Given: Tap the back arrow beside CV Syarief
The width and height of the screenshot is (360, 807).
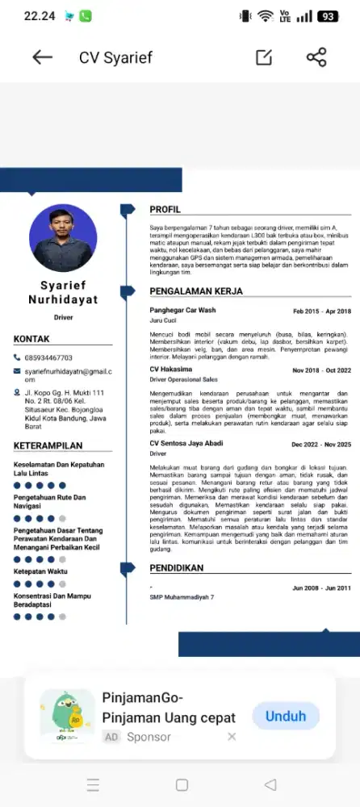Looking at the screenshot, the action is (42, 57).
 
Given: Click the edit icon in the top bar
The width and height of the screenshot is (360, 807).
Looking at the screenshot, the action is (263, 57).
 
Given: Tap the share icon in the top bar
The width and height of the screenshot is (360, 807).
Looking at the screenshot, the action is (316, 57).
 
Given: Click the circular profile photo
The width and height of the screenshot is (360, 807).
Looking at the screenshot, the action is (61, 237).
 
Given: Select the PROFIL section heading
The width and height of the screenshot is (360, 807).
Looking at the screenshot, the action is (165, 210).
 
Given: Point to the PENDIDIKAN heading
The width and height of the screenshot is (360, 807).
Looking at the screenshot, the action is (176, 568).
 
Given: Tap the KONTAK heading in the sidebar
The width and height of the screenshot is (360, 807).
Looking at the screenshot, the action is (31, 340).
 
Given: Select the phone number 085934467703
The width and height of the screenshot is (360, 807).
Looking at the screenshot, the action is (48, 358).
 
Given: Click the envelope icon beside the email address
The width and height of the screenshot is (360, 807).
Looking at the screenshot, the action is (17, 370).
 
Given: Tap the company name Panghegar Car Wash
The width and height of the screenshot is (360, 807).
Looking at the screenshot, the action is (182, 311).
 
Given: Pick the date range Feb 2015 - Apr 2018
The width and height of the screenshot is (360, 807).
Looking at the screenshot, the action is (321, 311).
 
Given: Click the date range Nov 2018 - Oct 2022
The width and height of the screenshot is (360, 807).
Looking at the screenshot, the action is (321, 370).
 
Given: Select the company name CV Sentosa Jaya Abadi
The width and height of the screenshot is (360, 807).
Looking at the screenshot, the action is (186, 444).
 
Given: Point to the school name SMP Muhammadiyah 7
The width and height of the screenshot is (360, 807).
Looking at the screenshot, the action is (182, 597).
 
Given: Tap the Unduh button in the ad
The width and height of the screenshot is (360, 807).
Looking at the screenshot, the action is (286, 716).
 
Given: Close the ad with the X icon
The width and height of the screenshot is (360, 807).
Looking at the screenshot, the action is (232, 736).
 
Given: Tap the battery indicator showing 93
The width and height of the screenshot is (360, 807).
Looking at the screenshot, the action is (328, 16).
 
